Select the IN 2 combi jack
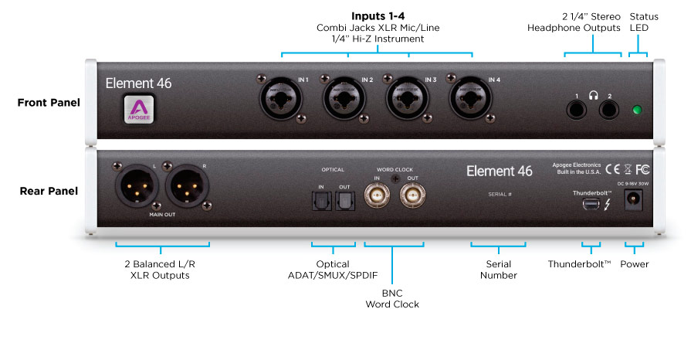pyautogui.click(x=344, y=97)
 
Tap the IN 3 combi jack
pyautogui.click(x=407, y=97)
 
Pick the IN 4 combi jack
pyautogui.click(x=471, y=97)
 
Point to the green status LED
pyautogui.click(x=638, y=109)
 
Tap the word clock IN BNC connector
pyautogui.click(x=378, y=198)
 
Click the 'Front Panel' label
pyautogui.click(x=49, y=102)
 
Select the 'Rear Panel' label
pyautogui.click(x=49, y=190)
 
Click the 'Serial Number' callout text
pyautogui.click(x=498, y=269)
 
